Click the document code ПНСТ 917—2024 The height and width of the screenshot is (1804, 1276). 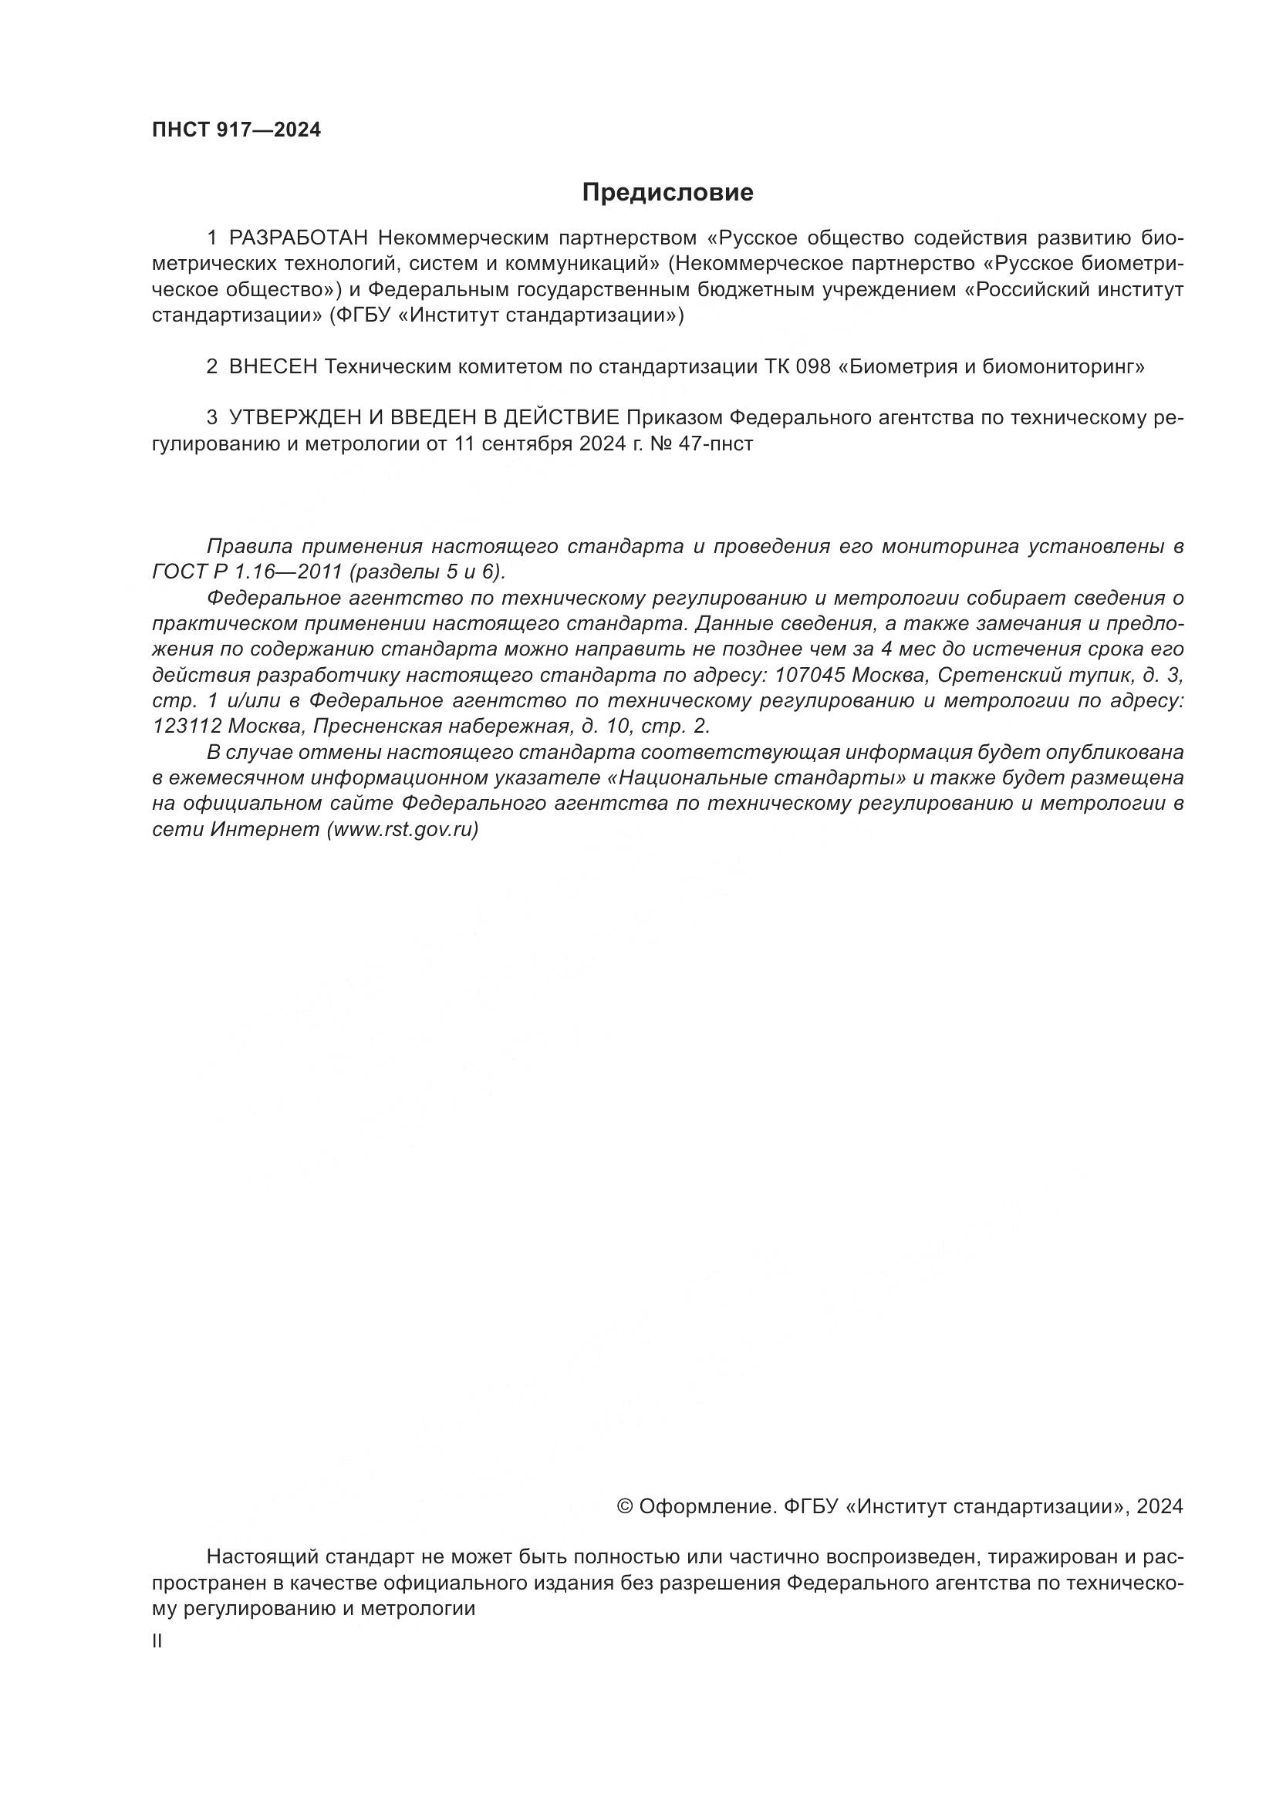(x=237, y=130)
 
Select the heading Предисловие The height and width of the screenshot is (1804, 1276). (x=667, y=193)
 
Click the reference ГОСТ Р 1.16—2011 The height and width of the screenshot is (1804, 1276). (x=247, y=572)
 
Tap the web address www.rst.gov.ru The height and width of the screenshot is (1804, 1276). (x=402, y=830)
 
